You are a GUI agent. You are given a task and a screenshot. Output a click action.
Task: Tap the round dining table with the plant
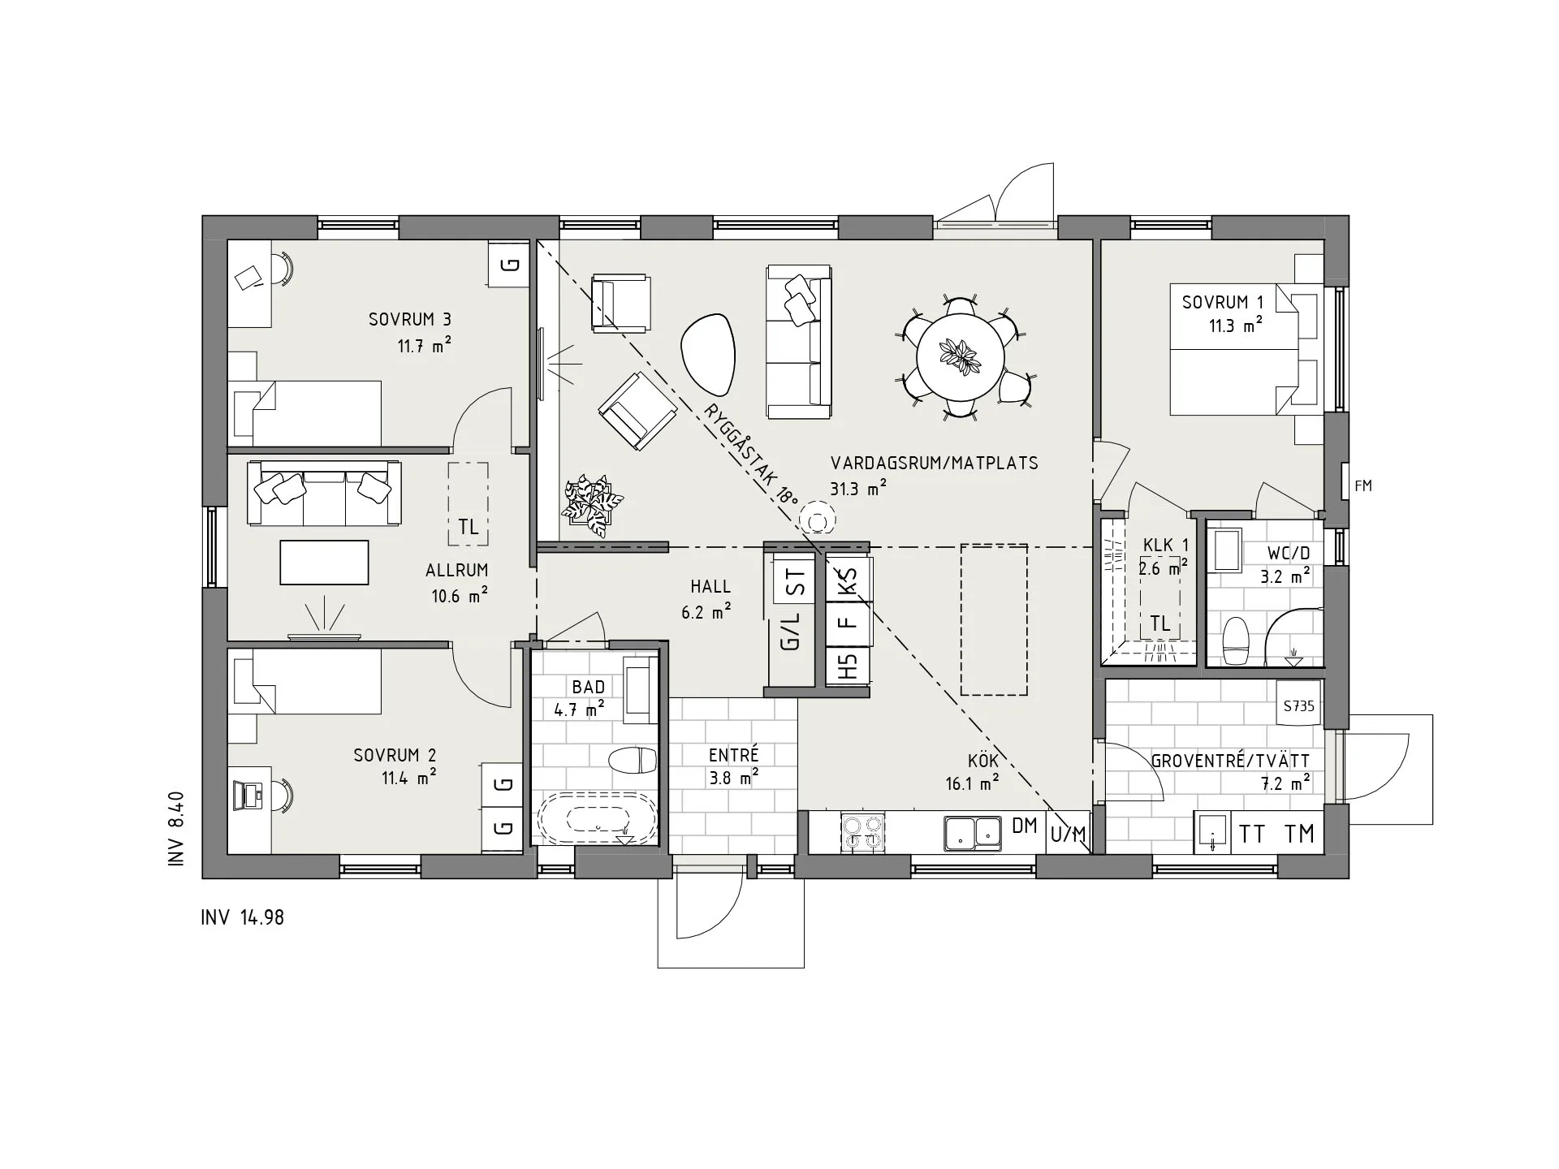tap(960, 357)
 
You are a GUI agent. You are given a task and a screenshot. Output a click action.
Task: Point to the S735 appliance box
tap(1298, 706)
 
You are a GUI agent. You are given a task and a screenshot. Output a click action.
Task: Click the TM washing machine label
tap(1300, 834)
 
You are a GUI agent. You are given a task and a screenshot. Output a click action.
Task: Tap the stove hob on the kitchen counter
tap(862, 832)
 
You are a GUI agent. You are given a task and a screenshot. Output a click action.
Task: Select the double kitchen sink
tap(973, 833)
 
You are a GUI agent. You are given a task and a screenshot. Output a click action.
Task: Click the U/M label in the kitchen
tap(1068, 834)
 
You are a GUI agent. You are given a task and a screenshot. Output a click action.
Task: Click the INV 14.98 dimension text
tap(243, 918)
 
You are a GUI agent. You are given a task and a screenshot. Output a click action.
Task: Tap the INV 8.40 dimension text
tap(177, 830)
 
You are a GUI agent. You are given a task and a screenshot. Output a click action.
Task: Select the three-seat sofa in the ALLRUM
tap(324, 494)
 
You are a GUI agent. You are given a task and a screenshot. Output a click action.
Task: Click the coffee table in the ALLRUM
tap(324, 563)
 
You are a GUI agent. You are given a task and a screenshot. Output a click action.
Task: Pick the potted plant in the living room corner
tap(593, 505)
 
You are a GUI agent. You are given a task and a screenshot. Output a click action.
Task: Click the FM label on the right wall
tap(1363, 486)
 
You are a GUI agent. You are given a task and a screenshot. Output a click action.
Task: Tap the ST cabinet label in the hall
tap(796, 581)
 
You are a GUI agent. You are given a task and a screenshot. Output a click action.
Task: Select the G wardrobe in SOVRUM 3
tap(509, 264)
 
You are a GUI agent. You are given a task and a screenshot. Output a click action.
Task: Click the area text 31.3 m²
tap(858, 489)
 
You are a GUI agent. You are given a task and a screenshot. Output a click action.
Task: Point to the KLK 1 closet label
tap(1166, 545)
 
